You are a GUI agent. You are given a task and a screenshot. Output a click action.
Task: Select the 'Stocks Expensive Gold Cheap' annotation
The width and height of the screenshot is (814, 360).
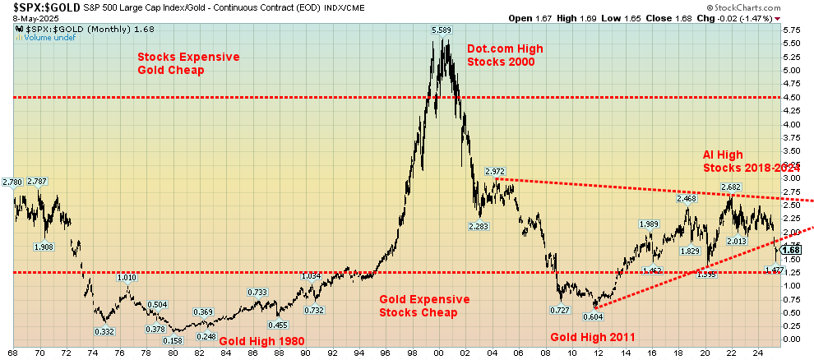[x=188, y=63]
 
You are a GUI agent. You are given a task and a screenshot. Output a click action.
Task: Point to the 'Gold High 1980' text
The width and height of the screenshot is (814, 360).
[x=262, y=341]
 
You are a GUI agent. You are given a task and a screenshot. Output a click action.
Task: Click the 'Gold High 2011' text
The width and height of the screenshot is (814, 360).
[x=593, y=337]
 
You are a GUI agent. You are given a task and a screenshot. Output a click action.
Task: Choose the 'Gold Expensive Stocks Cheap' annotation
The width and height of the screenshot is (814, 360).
[x=424, y=306]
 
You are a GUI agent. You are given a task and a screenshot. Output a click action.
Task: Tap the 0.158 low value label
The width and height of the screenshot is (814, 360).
[x=172, y=341]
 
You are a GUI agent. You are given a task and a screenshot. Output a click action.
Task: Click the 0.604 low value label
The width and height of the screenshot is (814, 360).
[x=593, y=316]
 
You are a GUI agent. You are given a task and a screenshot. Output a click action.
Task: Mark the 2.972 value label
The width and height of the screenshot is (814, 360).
[x=494, y=171]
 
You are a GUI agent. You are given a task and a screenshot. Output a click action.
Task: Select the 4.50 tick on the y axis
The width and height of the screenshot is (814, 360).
[x=792, y=97]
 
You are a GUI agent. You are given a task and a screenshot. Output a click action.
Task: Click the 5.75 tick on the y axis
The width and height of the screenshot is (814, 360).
[x=792, y=30]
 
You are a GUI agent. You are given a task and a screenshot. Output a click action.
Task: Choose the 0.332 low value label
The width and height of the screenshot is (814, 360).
[x=104, y=330]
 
